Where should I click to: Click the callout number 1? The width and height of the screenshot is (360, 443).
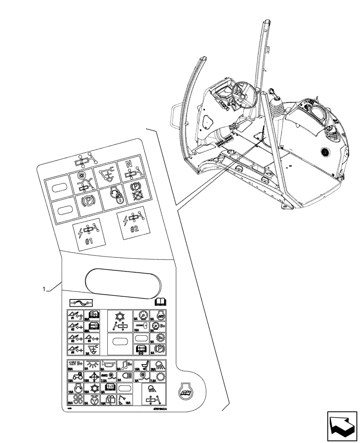click(x=44, y=289)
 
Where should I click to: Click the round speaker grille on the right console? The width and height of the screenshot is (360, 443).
click(x=326, y=151)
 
